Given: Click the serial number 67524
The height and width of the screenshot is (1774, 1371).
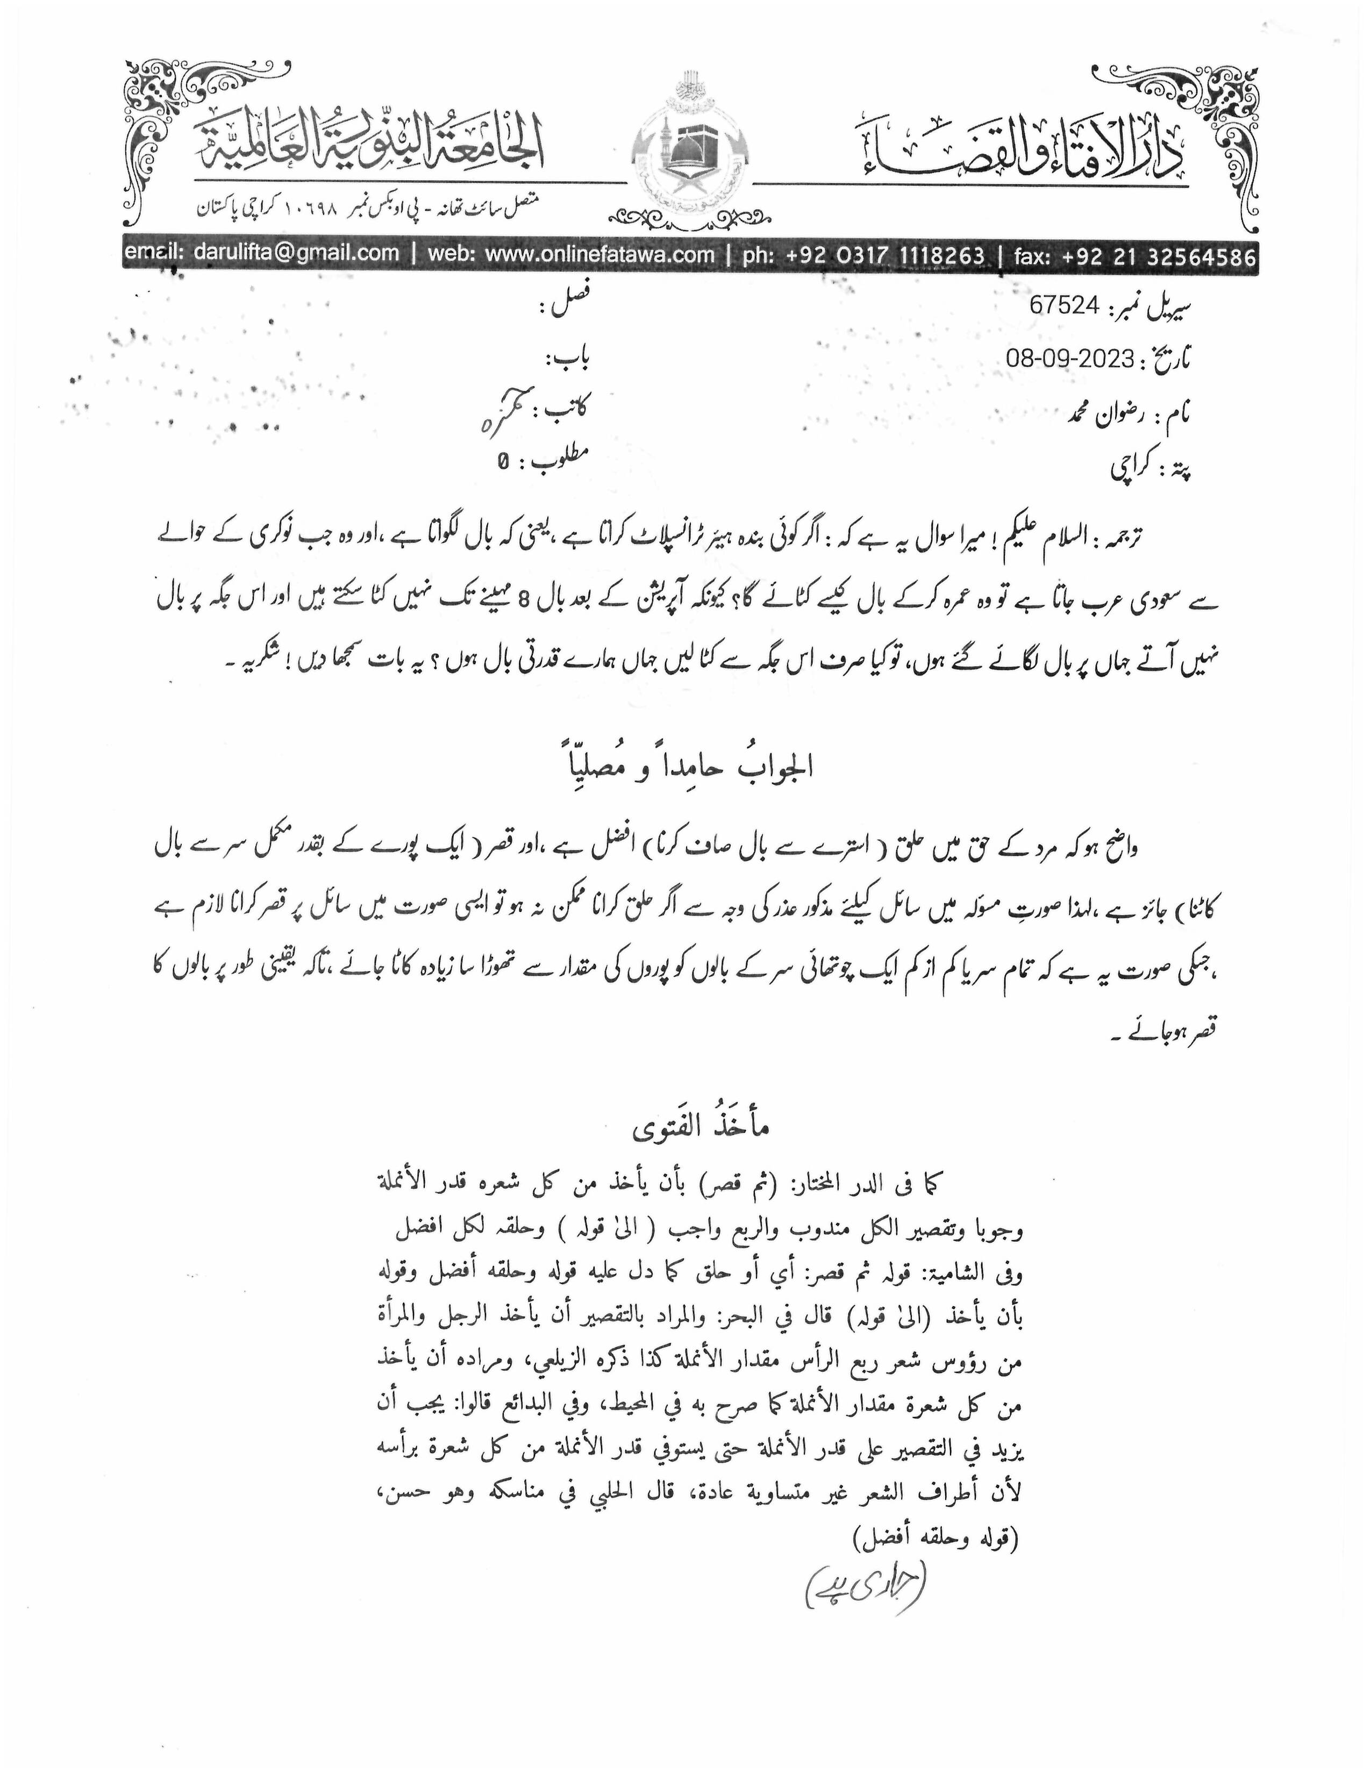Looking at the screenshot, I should point(1064,305).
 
